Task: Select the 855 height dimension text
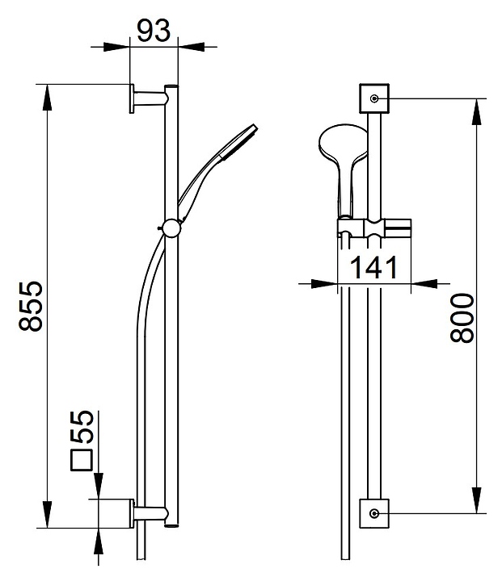coord(31,306)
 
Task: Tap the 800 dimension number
coord(462,318)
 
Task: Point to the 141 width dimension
coord(373,268)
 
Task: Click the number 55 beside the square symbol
coord(82,427)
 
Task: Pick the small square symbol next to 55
coord(82,460)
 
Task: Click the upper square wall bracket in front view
coord(374,98)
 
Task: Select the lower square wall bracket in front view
coord(374,513)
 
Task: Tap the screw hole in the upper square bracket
coord(374,98)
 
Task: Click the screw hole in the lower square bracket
coord(374,513)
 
